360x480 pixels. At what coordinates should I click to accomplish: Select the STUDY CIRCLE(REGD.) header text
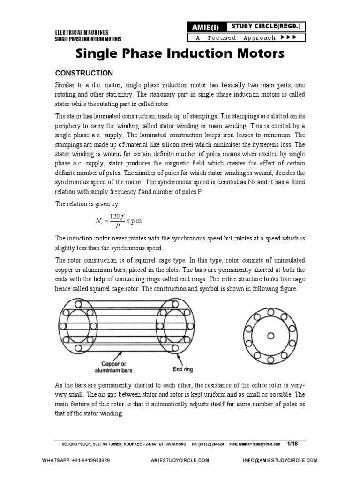click(265, 26)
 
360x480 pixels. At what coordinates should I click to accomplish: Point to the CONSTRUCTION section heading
click(84, 73)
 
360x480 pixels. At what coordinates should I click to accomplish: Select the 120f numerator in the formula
click(116, 216)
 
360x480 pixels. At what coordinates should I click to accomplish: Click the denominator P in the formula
click(116, 225)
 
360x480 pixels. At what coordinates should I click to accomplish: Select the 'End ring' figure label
click(182, 369)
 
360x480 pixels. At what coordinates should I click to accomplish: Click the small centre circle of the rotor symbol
click(270, 335)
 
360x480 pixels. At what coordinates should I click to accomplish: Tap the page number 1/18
click(292, 443)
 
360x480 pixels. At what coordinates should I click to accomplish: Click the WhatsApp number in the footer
click(90, 461)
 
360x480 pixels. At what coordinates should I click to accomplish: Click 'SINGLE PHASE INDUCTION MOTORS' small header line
click(88, 39)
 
